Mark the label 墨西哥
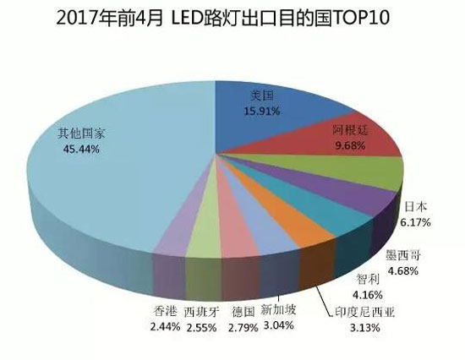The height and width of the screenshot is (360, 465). (x=402, y=254)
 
